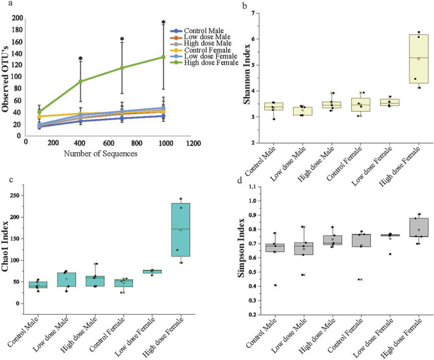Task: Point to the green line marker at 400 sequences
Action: tap(80, 81)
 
